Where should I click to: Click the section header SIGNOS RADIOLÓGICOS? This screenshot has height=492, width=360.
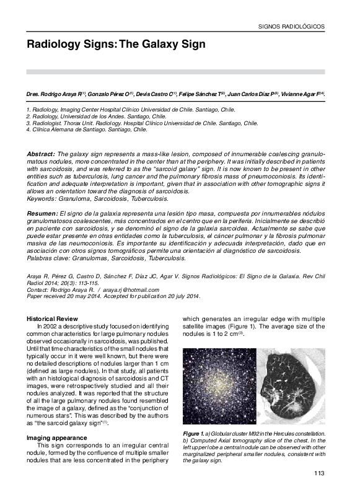point(290,27)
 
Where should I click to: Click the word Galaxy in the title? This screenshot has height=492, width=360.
point(152,45)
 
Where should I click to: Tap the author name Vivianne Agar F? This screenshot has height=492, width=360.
point(302,94)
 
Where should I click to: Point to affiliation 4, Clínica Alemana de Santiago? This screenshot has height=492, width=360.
point(87,130)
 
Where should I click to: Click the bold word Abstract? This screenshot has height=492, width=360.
point(41,153)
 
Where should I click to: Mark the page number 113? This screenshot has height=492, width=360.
point(318,474)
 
